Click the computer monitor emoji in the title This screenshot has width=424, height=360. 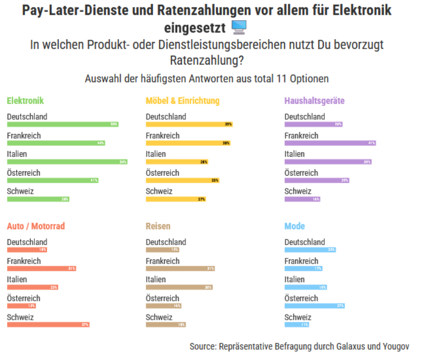(x=239, y=27)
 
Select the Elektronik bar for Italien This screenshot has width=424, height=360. (x=67, y=162)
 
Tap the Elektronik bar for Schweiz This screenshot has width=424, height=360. (x=38, y=200)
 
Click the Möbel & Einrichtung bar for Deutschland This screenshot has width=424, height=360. (x=189, y=124)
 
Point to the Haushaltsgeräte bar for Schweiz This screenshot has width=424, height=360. (x=302, y=200)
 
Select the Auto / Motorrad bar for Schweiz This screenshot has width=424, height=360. (x=48, y=325)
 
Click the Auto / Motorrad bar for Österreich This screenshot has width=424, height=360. (x=21, y=306)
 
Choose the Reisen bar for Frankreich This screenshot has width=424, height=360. (x=180, y=268)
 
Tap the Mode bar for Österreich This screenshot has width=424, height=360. (x=315, y=306)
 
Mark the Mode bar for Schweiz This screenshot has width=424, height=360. (x=297, y=325)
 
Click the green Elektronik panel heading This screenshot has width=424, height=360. (x=25, y=101)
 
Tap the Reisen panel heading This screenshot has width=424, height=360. (x=158, y=226)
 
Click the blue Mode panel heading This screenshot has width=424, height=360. (x=295, y=226)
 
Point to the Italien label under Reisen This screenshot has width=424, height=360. (x=156, y=280)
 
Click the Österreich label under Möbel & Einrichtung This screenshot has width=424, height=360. (x=163, y=173)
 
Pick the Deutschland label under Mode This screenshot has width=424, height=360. (x=305, y=242)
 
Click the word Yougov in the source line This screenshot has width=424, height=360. (x=395, y=346)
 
